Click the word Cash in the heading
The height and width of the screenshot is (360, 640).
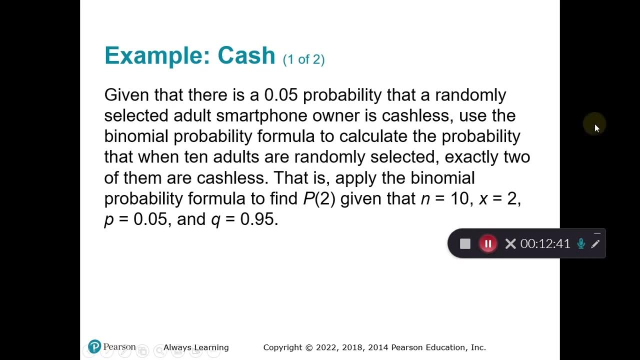(x=246, y=55)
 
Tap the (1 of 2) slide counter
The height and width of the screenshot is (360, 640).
(x=303, y=59)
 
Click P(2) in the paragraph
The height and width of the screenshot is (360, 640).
(x=319, y=198)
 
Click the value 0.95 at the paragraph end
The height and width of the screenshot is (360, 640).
(x=257, y=219)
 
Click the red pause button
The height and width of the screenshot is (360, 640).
(x=488, y=243)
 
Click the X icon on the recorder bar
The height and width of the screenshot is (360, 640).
(x=510, y=243)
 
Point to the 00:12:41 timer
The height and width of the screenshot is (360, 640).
(x=545, y=243)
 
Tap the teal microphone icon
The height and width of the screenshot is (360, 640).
(x=581, y=243)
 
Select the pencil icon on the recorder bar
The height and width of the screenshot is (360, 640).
(x=595, y=244)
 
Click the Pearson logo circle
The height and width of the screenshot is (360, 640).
(x=94, y=346)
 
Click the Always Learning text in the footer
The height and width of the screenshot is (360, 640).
(x=196, y=347)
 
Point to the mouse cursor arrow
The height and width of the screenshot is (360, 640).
(x=596, y=128)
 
